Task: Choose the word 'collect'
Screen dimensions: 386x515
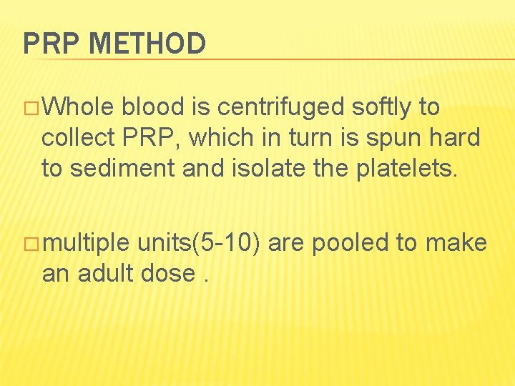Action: coord(77,138)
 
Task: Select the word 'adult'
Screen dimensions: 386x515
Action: coord(111,273)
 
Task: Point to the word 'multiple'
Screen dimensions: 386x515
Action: coord(86,244)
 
